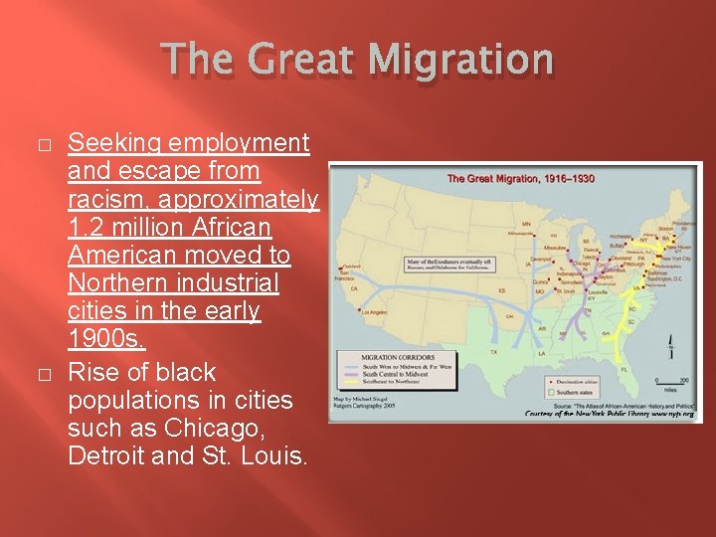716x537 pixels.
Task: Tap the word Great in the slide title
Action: [x=309, y=61]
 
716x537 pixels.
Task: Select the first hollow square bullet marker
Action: [x=42, y=145]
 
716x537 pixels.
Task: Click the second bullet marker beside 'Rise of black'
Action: [x=42, y=374]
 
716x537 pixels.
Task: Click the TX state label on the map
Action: [x=493, y=351]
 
